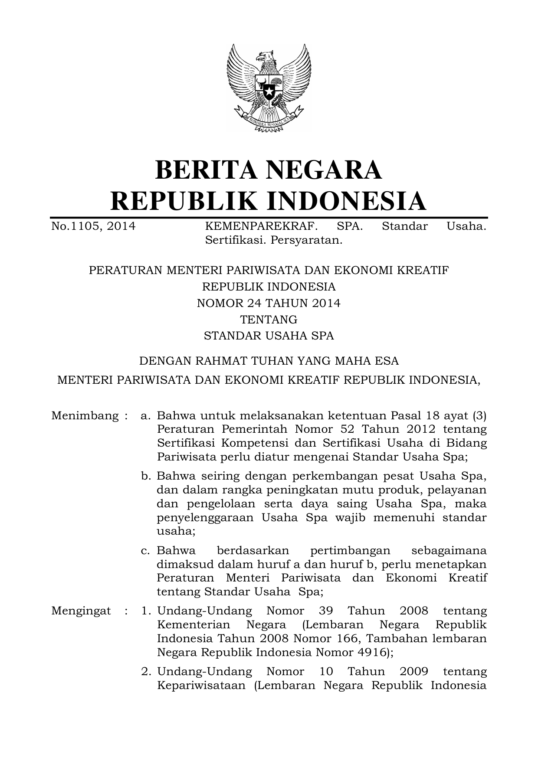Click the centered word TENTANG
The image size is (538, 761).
(x=269, y=320)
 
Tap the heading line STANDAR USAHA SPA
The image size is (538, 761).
(x=269, y=336)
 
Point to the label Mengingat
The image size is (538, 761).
(x=81, y=611)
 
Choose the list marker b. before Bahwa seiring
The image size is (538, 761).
(x=146, y=477)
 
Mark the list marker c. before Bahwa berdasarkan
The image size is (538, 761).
(x=146, y=551)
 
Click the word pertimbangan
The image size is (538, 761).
(x=350, y=551)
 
